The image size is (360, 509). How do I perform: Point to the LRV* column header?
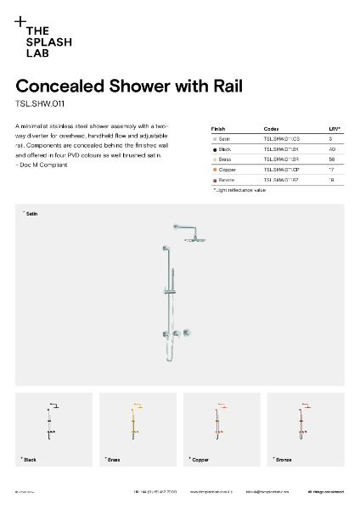(x=335, y=128)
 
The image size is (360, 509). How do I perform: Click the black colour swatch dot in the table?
(x=215, y=148)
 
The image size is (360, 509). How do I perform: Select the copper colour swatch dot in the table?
(x=215, y=170)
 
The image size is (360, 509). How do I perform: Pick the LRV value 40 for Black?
(x=332, y=148)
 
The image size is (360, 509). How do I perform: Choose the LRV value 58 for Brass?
(x=332, y=159)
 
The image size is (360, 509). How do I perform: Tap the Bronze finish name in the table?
(x=228, y=180)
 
